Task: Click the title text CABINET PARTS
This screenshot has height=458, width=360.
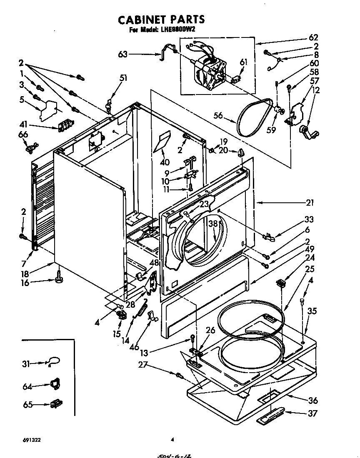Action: pos(161,19)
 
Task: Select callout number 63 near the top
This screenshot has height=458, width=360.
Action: pos(123,54)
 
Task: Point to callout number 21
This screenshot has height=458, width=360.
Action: pos(309,203)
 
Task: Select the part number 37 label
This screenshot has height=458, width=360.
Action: pos(312,413)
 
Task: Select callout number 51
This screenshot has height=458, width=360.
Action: pos(123,77)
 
